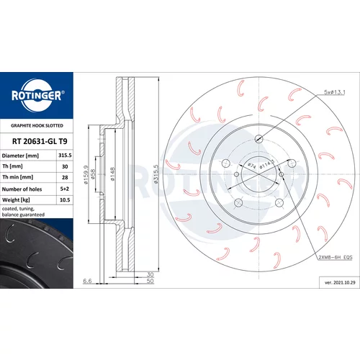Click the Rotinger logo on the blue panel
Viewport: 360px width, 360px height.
coord(37,96)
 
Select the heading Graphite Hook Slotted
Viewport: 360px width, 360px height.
coord(37,125)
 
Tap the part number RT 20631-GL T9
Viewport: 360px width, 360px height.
coord(40,141)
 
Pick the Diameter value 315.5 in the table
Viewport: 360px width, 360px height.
coord(65,156)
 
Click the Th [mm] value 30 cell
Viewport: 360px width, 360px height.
coord(65,166)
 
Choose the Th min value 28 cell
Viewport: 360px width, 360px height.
coord(65,177)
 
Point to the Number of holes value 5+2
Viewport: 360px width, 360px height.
coord(65,189)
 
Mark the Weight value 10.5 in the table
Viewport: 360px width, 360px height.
coord(65,200)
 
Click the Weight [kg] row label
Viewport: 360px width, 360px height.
coord(16,200)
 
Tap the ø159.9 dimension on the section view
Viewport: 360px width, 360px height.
coord(86,175)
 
